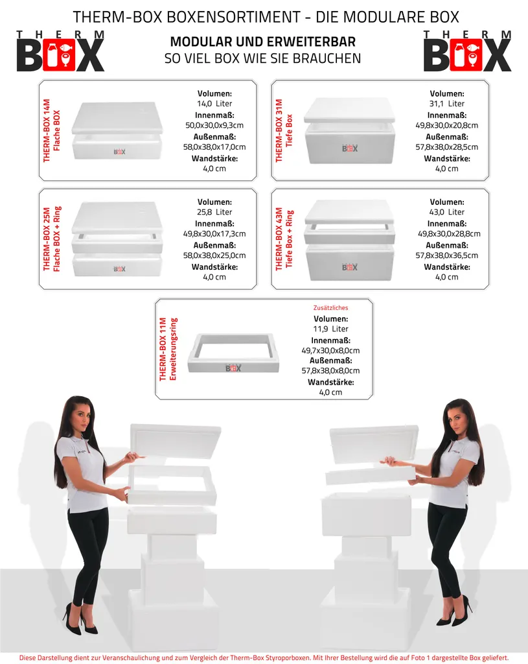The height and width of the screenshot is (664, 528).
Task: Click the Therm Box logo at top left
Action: (x=60, y=51)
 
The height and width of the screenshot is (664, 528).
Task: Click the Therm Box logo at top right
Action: (x=468, y=51)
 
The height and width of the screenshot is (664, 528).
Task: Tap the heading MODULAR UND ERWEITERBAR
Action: (x=263, y=42)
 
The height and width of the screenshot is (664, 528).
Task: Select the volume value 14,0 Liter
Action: (x=214, y=104)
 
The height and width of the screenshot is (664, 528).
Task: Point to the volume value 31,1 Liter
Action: (x=447, y=104)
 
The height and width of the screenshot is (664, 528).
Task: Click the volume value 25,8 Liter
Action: (x=214, y=212)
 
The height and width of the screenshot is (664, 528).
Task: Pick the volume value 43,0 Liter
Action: (x=447, y=212)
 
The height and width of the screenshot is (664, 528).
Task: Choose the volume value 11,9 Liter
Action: (x=330, y=329)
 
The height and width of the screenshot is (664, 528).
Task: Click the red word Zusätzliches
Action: (x=330, y=308)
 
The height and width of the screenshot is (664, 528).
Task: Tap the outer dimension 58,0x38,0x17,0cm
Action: (x=214, y=147)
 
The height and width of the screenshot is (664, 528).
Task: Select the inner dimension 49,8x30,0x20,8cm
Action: (x=447, y=125)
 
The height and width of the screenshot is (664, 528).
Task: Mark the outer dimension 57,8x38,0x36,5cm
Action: (x=447, y=255)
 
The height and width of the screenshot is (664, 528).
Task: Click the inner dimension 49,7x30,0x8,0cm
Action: (x=330, y=351)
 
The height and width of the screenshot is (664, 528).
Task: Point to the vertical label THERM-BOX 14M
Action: (x=47, y=130)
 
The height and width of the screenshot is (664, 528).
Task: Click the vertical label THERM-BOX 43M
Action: (x=279, y=239)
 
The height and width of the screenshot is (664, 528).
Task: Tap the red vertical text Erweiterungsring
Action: (x=173, y=349)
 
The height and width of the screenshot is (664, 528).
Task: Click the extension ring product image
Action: (x=233, y=353)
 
